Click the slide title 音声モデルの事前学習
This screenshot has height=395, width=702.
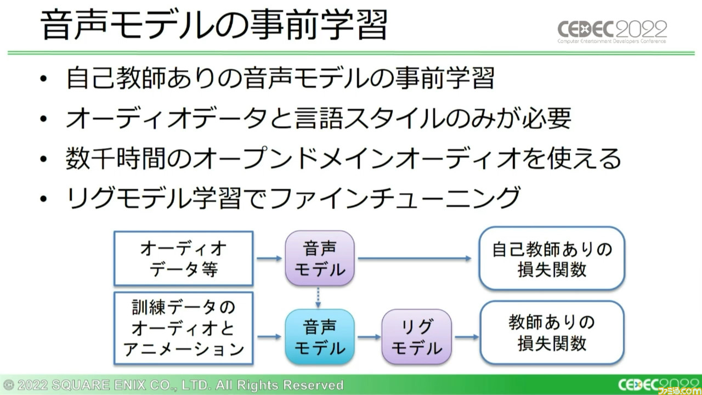tap(214, 25)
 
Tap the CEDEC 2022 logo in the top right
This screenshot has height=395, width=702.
tap(612, 32)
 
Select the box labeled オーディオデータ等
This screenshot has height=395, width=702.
tap(183, 258)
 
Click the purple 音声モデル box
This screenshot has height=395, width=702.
tap(320, 258)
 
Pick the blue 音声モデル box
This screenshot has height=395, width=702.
tap(320, 337)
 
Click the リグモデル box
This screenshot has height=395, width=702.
tap(416, 337)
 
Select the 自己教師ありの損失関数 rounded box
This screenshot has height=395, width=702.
tap(552, 258)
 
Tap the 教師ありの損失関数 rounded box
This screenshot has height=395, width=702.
tap(552, 332)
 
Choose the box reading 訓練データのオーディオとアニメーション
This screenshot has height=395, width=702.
tap(183, 328)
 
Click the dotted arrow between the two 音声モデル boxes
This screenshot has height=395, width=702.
tap(318, 297)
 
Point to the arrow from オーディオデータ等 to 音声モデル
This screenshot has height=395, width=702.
tap(269, 258)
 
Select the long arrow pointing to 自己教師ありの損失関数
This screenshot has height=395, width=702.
tap(415, 258)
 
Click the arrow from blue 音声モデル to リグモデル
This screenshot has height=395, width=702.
tap(369, 337)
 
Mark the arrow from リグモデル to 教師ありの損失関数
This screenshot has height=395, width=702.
tap(467, 337)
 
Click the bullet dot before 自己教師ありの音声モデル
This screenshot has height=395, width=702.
tap(43, 78)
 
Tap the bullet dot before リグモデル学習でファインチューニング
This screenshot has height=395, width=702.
tap(43, 199)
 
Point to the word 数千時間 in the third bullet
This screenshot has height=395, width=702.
tap(116, 159)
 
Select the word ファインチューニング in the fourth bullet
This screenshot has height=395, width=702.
tap(394, 198)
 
